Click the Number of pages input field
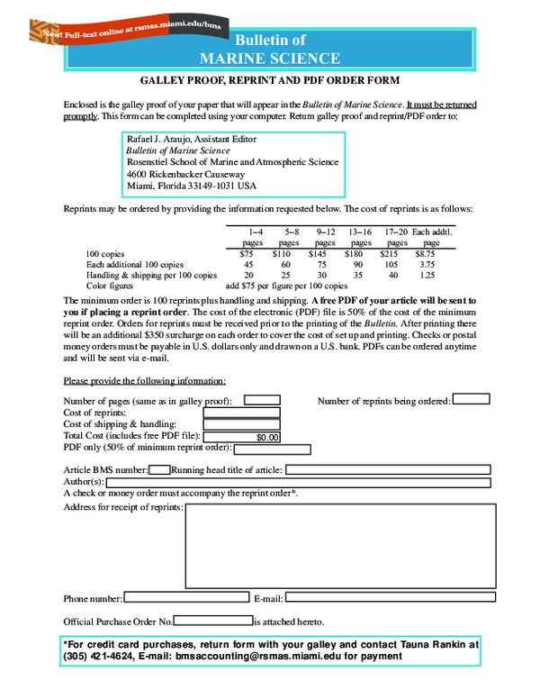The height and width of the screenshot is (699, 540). [262, 400]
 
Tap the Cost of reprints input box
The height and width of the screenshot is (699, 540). [241, 413]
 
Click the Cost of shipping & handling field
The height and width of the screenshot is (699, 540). [241, 424]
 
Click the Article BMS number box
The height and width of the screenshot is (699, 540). [160, 469]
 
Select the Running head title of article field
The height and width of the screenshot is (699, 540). [387, 469]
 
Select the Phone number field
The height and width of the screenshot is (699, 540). [185, 597]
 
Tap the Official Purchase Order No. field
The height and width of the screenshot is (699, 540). [212, 621]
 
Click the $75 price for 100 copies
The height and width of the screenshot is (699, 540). [247, 254]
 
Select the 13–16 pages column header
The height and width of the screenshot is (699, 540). [360, 237]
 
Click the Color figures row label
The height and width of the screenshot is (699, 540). [112, 285]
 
